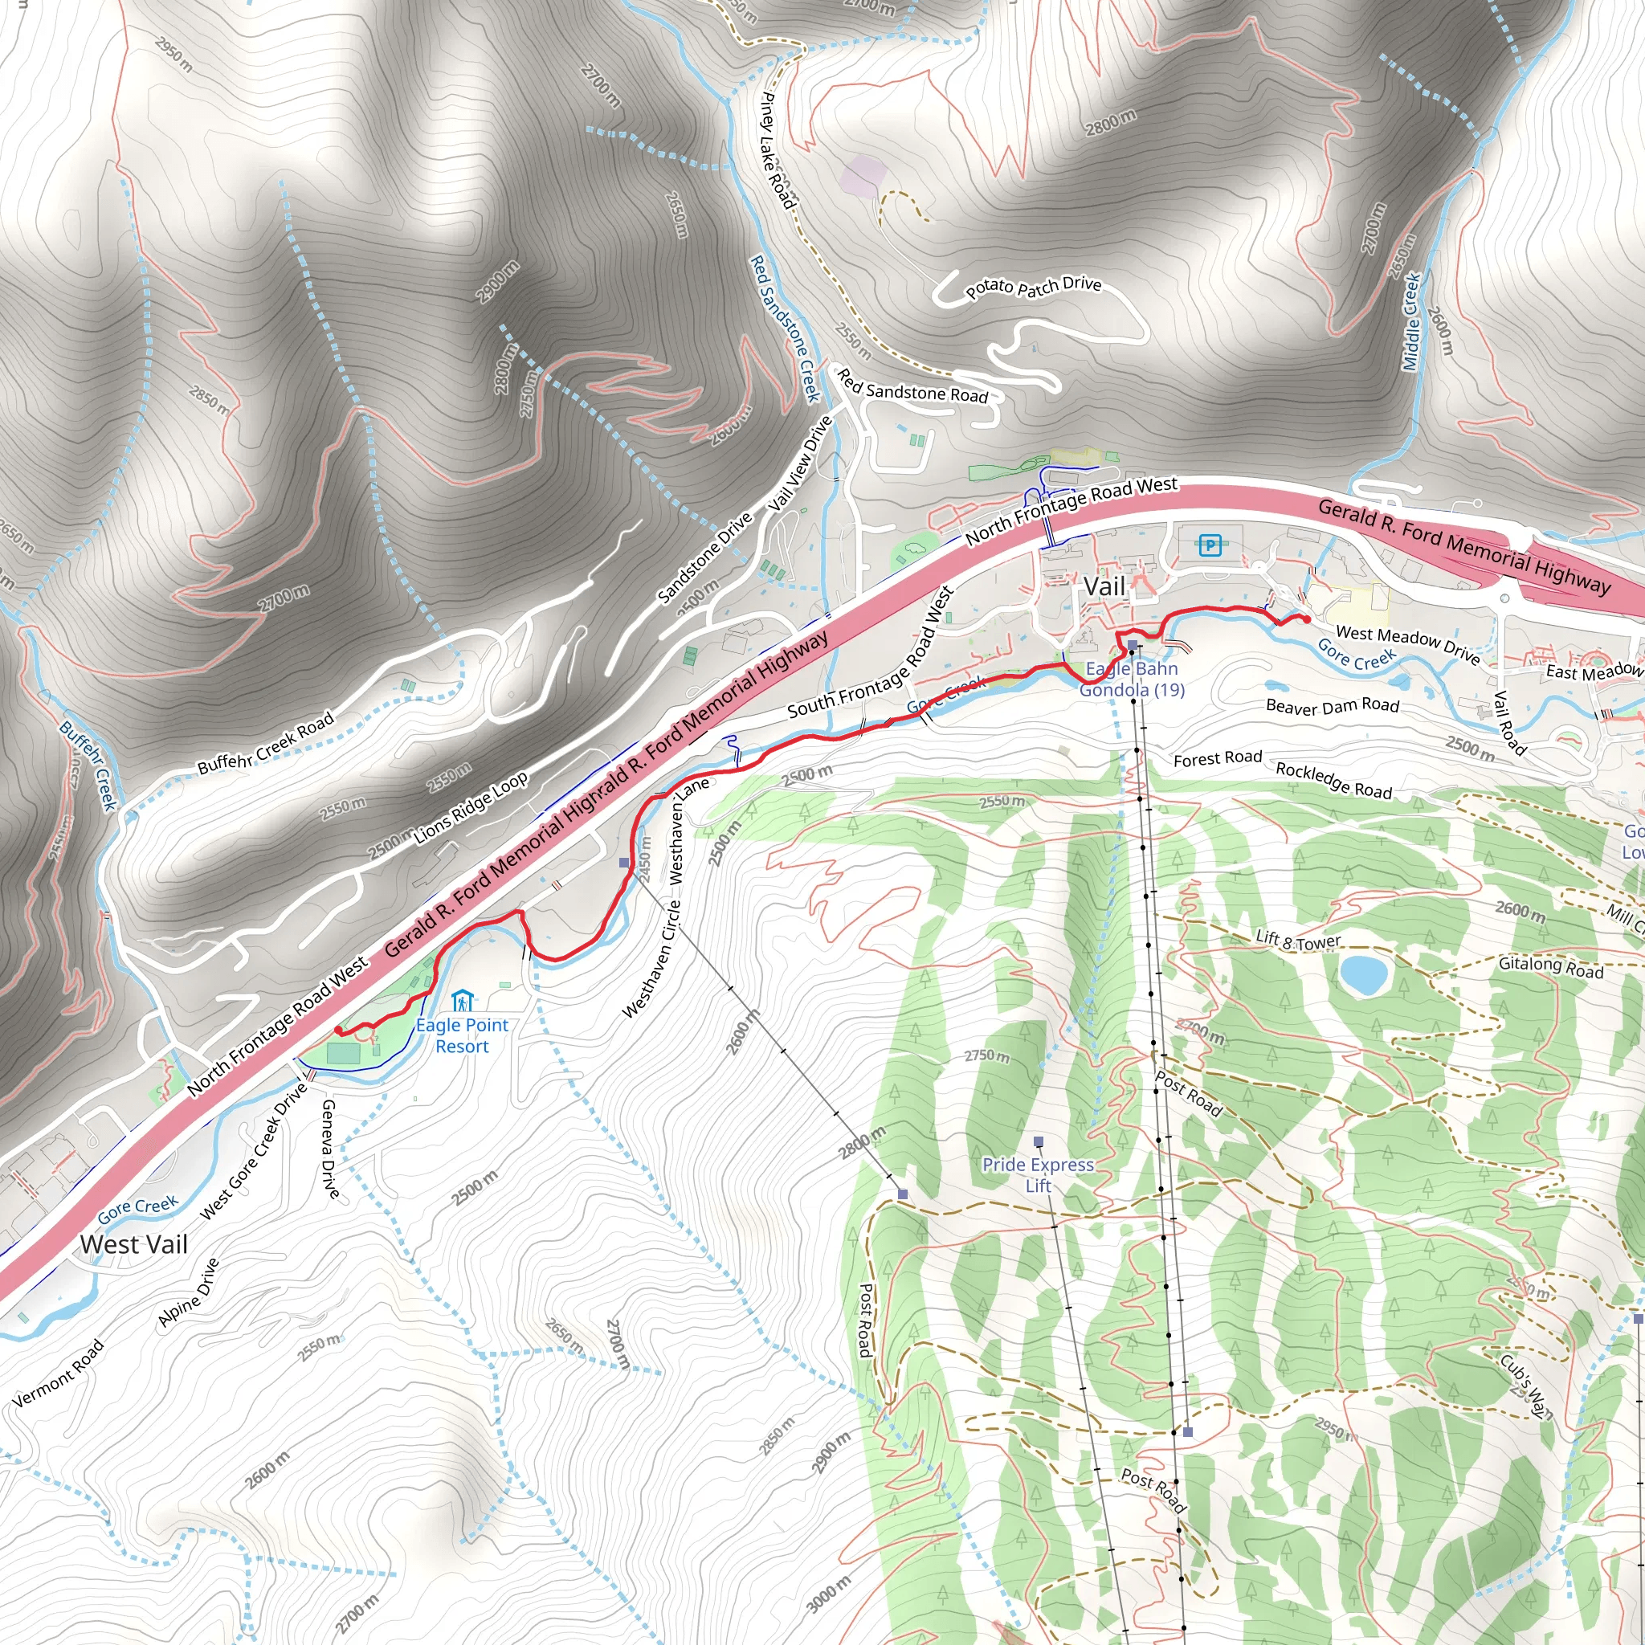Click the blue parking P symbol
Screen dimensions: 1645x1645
(1210, 545)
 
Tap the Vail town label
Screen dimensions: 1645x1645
(1104, 586)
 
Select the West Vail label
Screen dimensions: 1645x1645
(133, 1244)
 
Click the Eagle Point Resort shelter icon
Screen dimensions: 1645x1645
(462, 999)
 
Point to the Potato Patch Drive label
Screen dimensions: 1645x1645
(1033, 288)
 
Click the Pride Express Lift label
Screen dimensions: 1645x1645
(1038, 1175)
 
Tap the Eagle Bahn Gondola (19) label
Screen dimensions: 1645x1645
(1132, 680)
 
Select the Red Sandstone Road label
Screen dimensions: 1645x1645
(912, 386)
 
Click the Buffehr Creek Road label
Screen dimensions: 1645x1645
(266, 744)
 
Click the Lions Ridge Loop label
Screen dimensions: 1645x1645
(471, 808)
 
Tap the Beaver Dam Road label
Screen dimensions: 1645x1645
(1333, 705)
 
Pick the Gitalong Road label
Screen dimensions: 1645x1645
(1550, 966)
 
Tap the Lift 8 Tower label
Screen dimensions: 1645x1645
(1299, 940)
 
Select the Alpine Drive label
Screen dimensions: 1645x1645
(188, 1292)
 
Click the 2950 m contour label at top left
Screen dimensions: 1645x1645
(173, 54)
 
